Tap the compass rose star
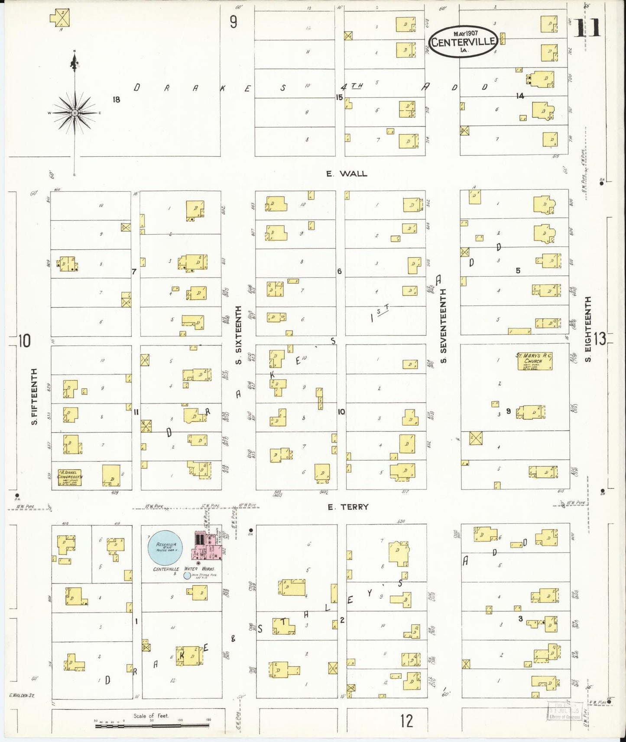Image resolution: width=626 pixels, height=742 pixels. pyautogui.click(x=75, y=113)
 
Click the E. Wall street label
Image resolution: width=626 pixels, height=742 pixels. pyautogui.click(x=347, y=174)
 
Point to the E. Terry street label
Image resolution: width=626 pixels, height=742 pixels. pyautogui.click(x=348, y=507)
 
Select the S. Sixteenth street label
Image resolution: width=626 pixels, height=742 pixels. pyautogui.click(x=238, y=335)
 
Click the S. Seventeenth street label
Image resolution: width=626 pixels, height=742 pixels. pyautogui.click(x=444, y=326)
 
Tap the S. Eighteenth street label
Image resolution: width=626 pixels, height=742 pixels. pyautogui.click(x=588, y=329)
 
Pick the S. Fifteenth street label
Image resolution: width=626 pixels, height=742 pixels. pyautogui.click(x=35, y=396)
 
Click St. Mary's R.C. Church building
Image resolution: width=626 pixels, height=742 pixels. pyautogui.click(x=535, y=361)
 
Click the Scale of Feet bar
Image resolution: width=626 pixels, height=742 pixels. pyautogui.click(x=152, y=726)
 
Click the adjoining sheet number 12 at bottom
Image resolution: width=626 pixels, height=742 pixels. pyautogui.click(x=406, y=721)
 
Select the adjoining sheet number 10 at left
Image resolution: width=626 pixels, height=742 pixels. pyautogui.click(x=24, y=341)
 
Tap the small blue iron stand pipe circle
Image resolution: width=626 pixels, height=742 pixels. pyautogui.click(x=187, y=575)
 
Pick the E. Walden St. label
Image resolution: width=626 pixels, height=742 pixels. pyautogui.click(x=22, y=696)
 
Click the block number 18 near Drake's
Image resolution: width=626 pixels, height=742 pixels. pyautogui.click(x=116, y=100)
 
